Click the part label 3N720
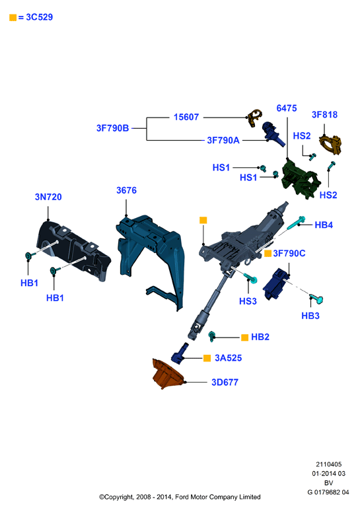coord(48,197)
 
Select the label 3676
coord(127,190)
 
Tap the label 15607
coord(186,117)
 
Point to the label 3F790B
coord(112,128)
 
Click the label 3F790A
coord(223,140)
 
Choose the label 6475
coord(287,108)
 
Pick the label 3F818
coord(324,114)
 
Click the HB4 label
coord(324,225)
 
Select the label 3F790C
coord(289,254)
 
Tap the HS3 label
coord(248,301)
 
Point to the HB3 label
coord(310,316)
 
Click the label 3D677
coord(225,382)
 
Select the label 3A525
coord(229,358)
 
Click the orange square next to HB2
coord(245,338)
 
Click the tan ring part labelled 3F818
coord(331,144)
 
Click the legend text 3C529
coord(40,17)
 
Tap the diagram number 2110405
coord(329,464)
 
